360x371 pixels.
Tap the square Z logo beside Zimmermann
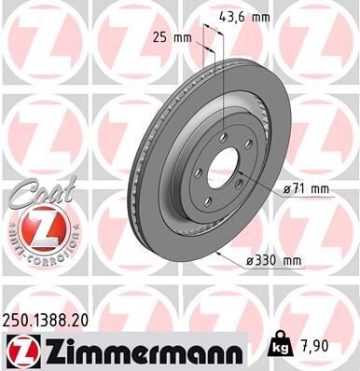tap(20, 351)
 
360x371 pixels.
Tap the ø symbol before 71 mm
tap(286, 189)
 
